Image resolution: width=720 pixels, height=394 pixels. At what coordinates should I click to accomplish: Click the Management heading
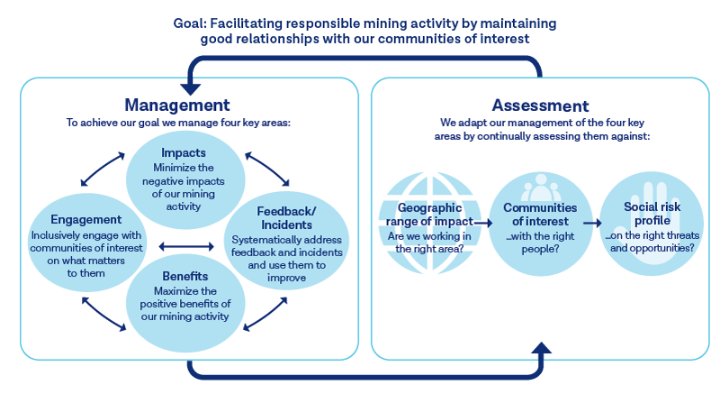(177, 105)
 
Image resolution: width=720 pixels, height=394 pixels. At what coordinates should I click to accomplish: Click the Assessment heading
(541, 105)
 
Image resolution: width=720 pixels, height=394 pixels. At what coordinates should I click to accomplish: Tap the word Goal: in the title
(190, 23)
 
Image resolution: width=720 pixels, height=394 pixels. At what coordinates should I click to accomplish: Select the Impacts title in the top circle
(184, 152)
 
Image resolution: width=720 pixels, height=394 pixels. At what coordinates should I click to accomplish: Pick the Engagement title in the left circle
(86, 220)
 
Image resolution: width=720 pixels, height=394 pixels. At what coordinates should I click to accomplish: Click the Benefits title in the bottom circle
(185, 276)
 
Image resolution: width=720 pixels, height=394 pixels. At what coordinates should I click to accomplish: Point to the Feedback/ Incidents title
(286, 218)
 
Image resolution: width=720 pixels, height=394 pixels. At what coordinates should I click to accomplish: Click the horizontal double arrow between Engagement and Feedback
(186, 247)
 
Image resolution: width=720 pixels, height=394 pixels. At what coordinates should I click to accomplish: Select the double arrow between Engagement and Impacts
(103, 170)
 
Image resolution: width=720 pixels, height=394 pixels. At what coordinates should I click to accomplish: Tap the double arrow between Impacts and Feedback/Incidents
(267, 169)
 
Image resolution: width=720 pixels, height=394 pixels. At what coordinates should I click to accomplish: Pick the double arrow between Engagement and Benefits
(103, 314)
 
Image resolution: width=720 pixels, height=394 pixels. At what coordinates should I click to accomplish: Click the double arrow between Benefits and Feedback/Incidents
(265, 314)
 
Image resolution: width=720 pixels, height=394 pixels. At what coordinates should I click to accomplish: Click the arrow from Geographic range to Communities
(483, 223)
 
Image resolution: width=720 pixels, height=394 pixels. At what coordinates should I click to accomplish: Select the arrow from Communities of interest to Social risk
(592, 223)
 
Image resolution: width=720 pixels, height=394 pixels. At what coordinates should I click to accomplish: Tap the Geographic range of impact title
(429, 215)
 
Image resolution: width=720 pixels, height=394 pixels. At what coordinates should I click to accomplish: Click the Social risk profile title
(652, 214)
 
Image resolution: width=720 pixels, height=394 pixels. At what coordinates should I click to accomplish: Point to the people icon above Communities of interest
(541, 188)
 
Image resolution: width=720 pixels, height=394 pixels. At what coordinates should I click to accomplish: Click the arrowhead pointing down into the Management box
(190, 88)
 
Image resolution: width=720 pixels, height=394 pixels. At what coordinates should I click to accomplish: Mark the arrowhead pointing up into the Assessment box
(542, 348)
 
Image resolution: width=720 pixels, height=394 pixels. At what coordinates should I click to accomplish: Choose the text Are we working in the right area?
(429, 243)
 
